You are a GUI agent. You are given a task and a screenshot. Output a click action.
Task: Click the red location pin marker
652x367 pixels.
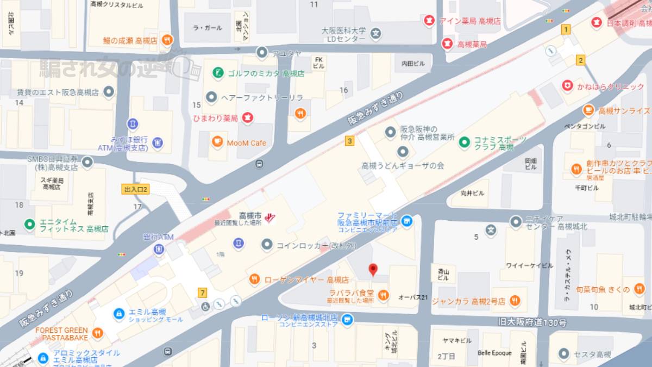tap(373, 269)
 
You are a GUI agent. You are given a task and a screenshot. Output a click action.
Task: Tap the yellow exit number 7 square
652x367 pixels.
tap(203, 293)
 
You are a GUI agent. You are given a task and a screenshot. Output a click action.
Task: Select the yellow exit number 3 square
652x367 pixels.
tap(349, 141)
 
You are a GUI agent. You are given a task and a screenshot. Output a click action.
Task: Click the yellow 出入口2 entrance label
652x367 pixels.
tap(136, 189)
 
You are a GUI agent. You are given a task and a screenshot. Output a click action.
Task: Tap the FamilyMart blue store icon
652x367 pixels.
tap(406, 221)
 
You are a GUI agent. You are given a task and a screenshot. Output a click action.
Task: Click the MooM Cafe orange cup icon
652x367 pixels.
tap(217, 142)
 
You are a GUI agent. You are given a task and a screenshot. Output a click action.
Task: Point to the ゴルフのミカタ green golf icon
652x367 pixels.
tap(217, 73)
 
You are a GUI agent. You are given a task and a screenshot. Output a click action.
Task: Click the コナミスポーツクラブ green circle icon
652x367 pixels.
tap(465, 142)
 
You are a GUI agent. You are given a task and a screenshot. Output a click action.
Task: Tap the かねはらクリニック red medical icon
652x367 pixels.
tap(567, 86)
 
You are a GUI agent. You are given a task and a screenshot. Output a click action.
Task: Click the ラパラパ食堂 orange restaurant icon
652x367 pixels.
tap(383, 295)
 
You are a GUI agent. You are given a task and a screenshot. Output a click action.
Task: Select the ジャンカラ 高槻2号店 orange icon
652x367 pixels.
tap(515, 301)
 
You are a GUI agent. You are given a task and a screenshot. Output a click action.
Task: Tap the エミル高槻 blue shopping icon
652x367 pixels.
tap(118, 314)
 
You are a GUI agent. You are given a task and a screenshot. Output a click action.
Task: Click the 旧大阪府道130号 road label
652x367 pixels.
tap(532, 322)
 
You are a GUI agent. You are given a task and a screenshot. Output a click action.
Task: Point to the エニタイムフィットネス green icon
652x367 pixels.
tap(30, 224)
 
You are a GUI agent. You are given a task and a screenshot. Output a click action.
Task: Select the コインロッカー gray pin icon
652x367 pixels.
tap(266, 245)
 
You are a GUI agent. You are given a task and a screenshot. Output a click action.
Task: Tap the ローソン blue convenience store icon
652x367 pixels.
tap(347, 320)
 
